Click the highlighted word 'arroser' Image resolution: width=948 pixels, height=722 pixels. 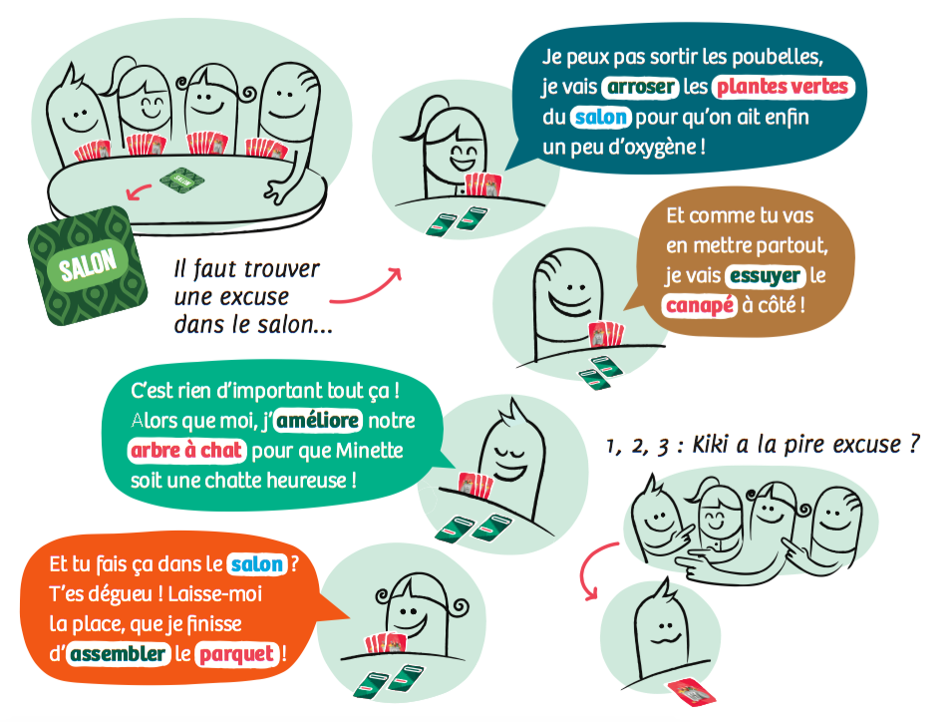pos(641,87)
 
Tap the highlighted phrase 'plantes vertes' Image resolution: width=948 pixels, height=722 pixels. pos(783,87)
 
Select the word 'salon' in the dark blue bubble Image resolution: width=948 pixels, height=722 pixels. pos(600,117)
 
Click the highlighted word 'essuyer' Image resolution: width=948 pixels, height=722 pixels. pos(766,276)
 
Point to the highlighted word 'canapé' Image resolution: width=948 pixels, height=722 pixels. pos(699,305)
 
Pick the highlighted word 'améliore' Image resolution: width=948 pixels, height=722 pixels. pos(318,420)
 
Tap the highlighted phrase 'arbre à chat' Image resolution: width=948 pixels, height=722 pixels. pos(186,450)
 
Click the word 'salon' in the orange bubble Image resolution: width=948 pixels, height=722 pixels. pos(257,564)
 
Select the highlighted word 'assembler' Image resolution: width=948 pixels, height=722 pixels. pos(118,653)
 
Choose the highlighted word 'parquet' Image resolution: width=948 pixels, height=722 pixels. pos(236,654)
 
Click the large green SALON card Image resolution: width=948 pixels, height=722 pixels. pos(88,266)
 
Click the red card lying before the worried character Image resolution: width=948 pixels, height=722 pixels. pos(691,691)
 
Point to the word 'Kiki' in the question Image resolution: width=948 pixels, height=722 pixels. pos(711,445)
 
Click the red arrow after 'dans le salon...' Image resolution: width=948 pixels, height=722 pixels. pos(366,288)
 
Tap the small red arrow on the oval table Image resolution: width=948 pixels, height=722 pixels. pos(139,192)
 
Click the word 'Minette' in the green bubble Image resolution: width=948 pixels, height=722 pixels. pos(370,451)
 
